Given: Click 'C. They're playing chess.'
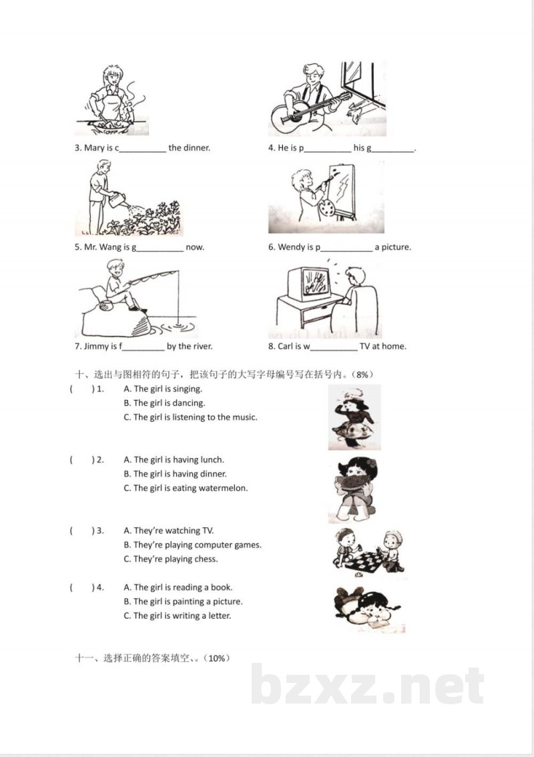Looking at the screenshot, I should pos(171,559).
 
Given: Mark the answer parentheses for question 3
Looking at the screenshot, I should pos(81,531).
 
